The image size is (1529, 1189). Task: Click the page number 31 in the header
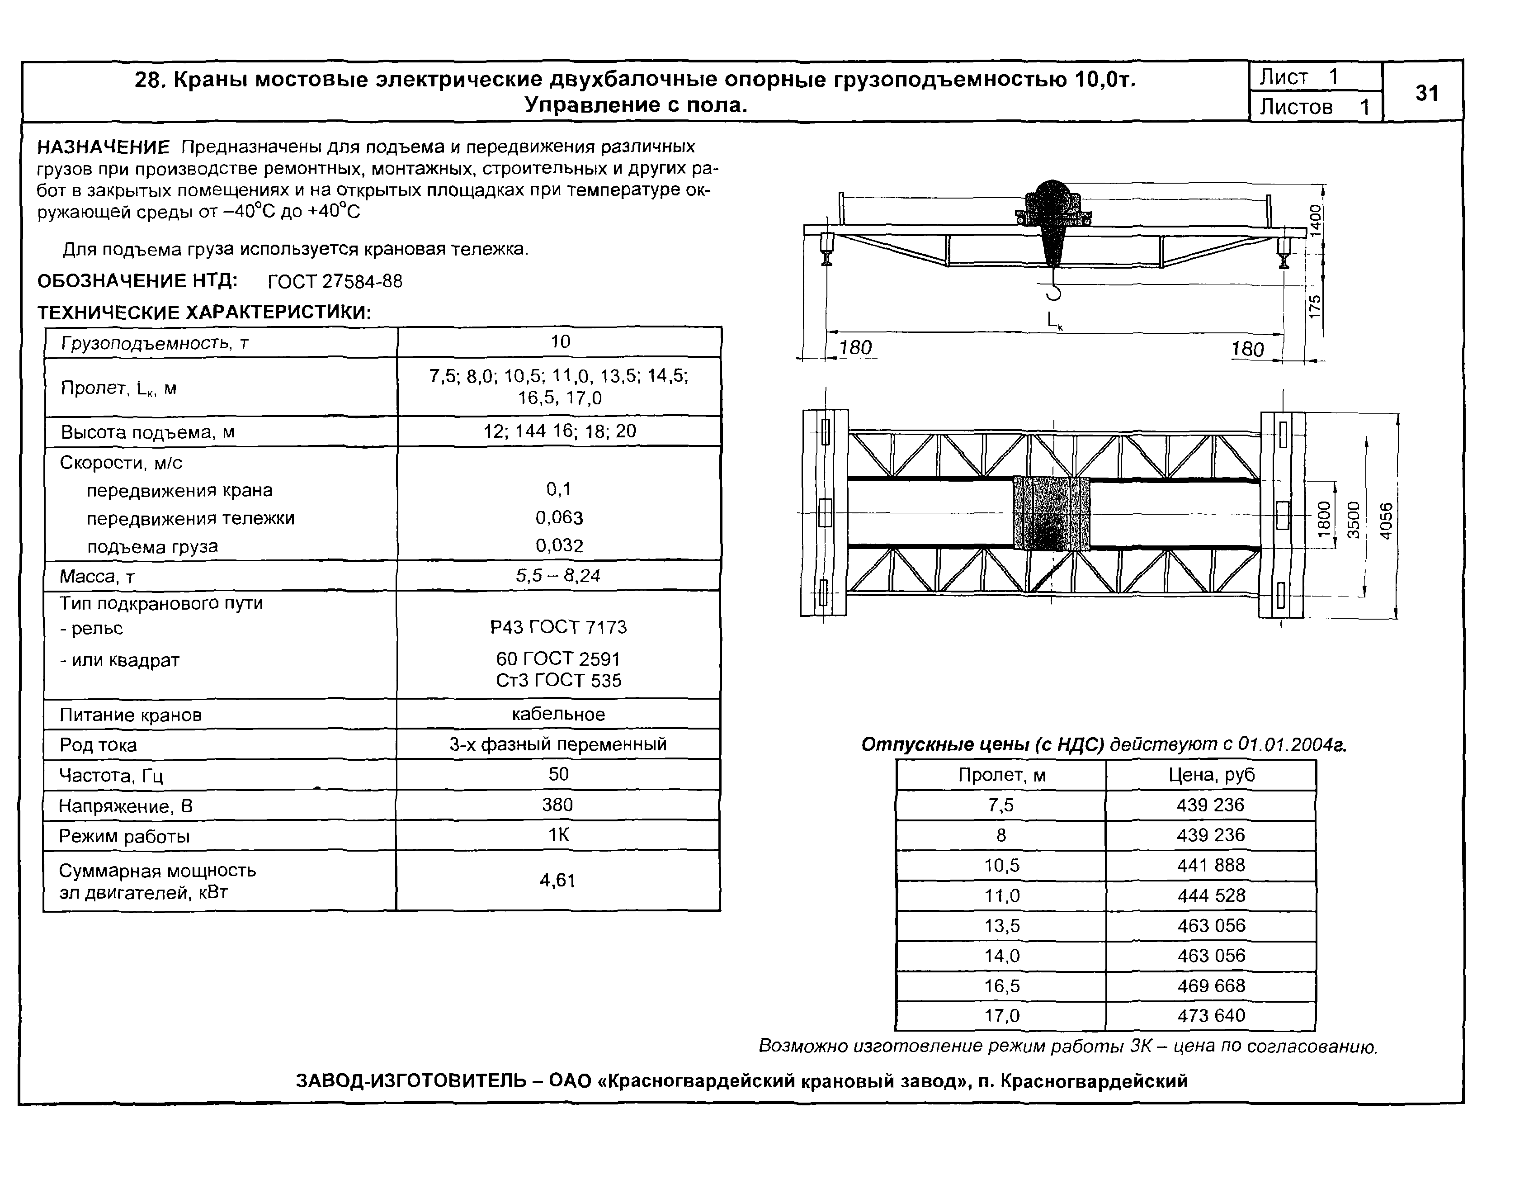(x=1426, y=93)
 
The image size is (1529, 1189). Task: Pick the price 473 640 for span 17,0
(x=1210, y=1015)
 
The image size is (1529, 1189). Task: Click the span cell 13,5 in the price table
(x=1001, y=926)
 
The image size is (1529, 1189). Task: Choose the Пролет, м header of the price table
(x=1001, y=775)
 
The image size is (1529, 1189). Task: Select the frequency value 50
(x=558, y=774)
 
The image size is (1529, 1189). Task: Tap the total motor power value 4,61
(x=557, y=880)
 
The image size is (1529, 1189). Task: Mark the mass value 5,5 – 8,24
(x=558, y=576)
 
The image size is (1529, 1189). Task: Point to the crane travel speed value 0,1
(x=558, y=489)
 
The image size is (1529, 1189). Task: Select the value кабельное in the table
(x=558, y=714)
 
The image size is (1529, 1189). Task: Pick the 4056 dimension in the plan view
(x=1386, y=521)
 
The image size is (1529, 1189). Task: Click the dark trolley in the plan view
(x=1052, y=513)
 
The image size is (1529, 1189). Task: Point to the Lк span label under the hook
(x=1054, y=321)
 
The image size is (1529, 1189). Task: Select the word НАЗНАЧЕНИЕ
(x=104, y=147)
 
